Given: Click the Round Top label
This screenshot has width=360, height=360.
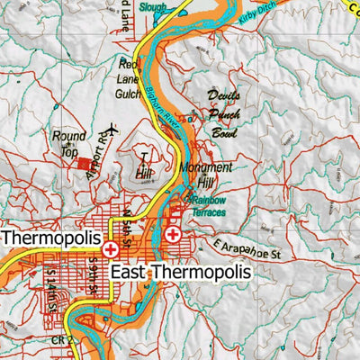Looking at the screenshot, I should pos(68,143).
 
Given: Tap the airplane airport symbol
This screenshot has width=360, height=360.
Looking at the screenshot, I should pos(112,129).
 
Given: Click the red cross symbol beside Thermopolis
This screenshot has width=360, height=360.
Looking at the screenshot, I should pos(111,248).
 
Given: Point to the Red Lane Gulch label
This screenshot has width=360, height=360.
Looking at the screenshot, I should pos(131,76).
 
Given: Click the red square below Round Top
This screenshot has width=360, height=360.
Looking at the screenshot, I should pos(84,165).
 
